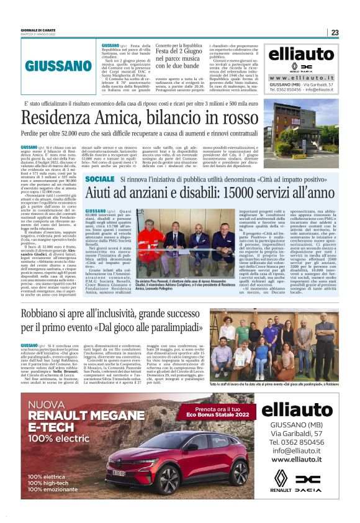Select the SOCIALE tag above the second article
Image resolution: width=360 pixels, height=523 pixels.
pyautogui.click(x=100, y=180)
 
